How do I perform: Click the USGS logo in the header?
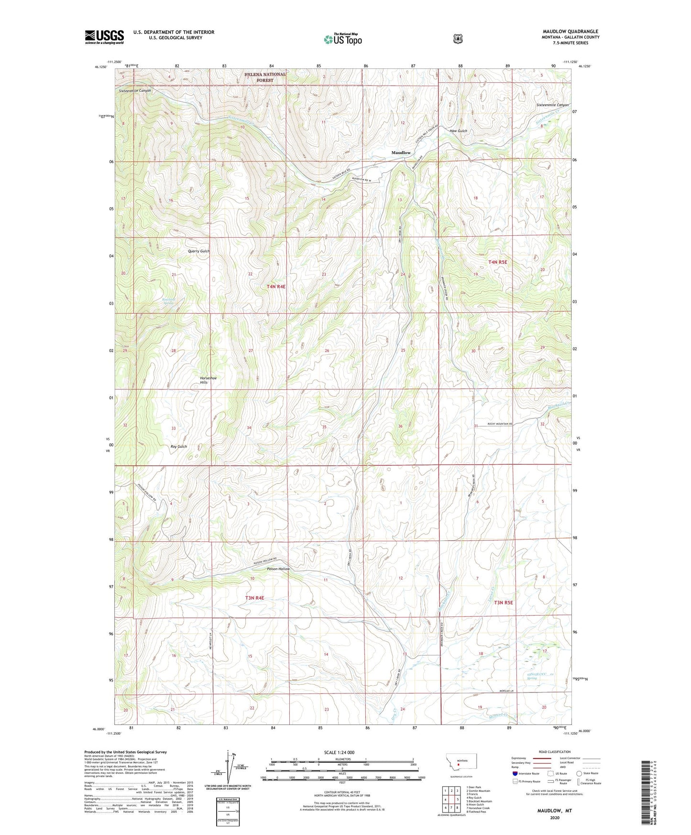point(104,37)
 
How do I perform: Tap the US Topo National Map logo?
point(342,39)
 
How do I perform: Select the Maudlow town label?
point(401,153)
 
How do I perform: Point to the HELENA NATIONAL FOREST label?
point(265,77)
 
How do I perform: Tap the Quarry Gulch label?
point(198,251)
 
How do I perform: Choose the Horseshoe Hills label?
point(208,380)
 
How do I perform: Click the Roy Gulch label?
point(179,446)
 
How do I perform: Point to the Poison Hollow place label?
point(278,569)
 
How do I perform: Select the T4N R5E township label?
point(497,262)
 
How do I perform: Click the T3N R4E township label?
point(255,598)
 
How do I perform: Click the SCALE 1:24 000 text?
point(339,752)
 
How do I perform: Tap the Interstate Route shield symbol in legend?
point(515,773)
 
